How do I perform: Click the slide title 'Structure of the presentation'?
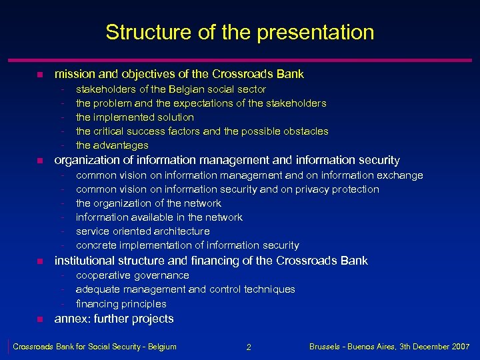[x=239, y=32]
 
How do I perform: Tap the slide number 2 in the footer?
[x=248, y=347]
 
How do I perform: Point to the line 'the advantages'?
[x=112, y=145]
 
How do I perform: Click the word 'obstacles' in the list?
[x=306, y=131]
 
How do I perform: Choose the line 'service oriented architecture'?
[x=143, y=231]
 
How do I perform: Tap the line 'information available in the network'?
[x=159, y=217]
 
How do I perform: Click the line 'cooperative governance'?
[x=132, y=275]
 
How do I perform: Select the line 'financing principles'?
[x=121, y=303]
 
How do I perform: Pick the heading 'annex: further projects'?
[x=114, y=319]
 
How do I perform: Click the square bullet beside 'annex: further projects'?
[x=39, y=319]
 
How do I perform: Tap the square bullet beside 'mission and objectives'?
[x=39, y=75]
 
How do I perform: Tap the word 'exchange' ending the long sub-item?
[x=400, y=175]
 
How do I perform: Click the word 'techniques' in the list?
[x=269, y=289]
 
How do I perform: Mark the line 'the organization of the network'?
[x=148, y=203]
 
